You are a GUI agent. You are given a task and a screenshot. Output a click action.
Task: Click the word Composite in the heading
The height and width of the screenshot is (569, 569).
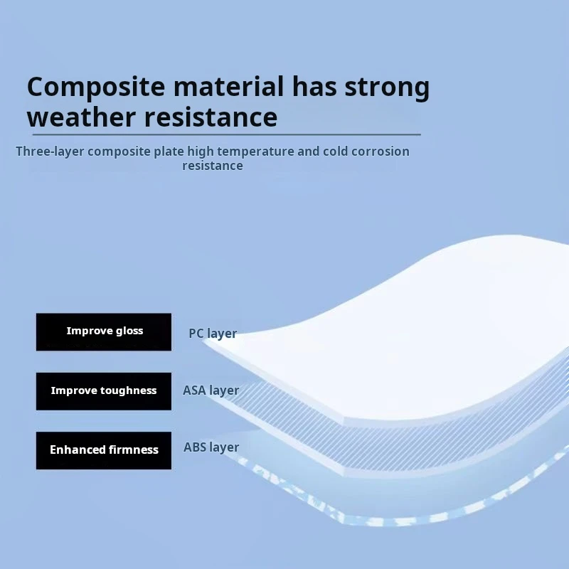96,87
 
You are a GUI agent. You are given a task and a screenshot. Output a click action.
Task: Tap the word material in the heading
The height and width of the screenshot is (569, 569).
228,86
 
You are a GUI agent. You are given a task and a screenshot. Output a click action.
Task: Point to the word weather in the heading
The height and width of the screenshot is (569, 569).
81,117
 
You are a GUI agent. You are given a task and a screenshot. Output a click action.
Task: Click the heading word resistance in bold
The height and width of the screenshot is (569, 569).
211,117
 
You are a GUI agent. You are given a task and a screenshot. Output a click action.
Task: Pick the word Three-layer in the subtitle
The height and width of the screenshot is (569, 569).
50,151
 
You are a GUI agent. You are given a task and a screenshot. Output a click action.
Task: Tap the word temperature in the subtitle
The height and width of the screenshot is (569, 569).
255,151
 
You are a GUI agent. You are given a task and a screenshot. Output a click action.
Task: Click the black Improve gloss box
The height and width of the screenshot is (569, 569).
104,331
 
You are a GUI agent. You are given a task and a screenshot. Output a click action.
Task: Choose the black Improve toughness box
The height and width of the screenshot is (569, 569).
104,391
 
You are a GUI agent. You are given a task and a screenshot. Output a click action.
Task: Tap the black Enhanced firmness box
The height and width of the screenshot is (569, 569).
104,450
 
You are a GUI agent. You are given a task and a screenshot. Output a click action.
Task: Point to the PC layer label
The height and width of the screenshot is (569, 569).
213,334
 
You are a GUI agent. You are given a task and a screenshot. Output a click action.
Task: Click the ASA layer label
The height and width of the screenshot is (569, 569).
211,390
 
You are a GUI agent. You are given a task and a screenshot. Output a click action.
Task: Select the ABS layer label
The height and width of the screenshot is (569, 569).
211,447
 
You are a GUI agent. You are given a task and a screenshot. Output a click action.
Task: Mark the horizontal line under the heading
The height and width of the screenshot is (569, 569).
227,134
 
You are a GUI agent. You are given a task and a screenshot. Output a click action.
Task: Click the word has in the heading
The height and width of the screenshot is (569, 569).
314,86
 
